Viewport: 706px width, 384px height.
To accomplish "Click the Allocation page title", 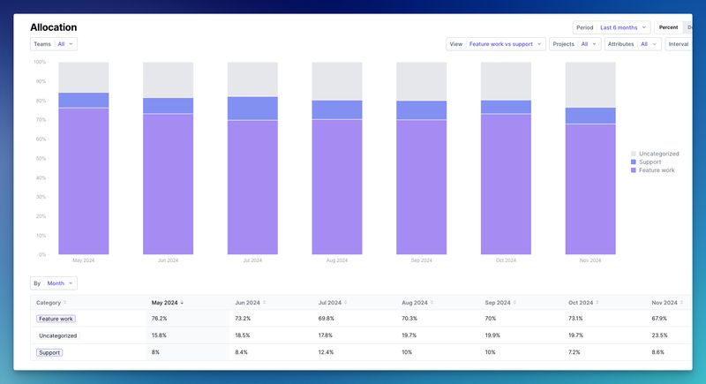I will pyautogui.click(x=53, y=27).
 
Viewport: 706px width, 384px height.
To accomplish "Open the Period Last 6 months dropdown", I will pyautogui.click(x=612, y=27).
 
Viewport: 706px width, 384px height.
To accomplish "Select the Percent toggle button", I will pyautogui.click(x=668, y=27).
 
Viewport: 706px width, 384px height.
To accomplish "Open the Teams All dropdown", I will pyautogui.click(x=54, y=43).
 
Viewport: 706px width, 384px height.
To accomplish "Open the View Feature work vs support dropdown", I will pyautogui.click(x=495, y=43).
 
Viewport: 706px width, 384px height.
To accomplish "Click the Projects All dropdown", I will pyautogui.click(x=575, y=43).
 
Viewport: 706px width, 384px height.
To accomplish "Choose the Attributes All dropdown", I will pyautogui.click(x=633, y=43).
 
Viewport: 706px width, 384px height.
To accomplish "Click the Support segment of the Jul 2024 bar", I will pyautogui.click(x=252, y=108).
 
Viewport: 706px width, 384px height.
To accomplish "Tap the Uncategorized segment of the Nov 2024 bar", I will pyautogui.click(x=590, y=84).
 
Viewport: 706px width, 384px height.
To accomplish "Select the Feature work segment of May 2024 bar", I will pyautogui.click(x=84, y=181).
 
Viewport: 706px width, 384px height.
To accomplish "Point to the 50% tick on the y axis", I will pyautogui.click(x=40, y=158).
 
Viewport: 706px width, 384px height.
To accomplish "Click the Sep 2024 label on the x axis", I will pyautogui.click(x=421, y=260).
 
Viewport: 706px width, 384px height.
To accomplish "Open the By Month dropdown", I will pyautogui.click(x=54, y=283).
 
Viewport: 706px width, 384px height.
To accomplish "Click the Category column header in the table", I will pyautogui.click(x=50, y=302).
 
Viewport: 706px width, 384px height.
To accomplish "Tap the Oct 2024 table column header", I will pyautogui.click(x=583, y=302).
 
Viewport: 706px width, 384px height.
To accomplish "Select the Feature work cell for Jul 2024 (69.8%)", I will pyautogui.click(x=327, y=319).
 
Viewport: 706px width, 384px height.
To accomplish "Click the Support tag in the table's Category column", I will pyautogui.click(x=49, y=352).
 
